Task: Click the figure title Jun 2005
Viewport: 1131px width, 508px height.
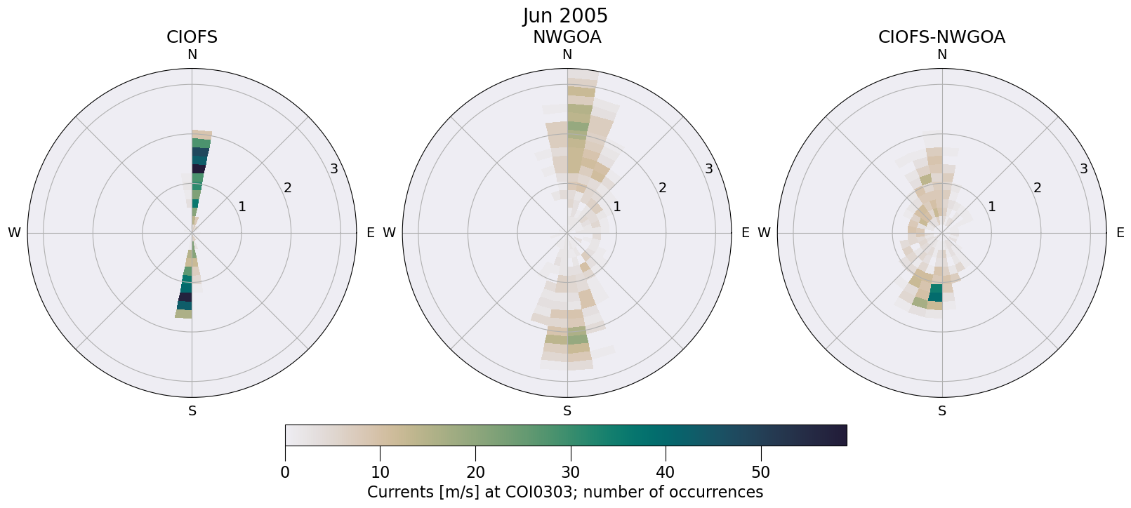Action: [x=565, y=15]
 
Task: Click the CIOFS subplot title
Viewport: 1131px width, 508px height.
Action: [x=192, y=37]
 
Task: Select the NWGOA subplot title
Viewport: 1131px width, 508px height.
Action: [x=567, y=37]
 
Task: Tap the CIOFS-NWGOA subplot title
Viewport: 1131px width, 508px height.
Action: [x=941, y=37]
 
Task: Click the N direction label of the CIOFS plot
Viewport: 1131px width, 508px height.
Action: [x=192, y=55]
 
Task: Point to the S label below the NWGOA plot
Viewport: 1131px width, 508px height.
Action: [x=567, y=411]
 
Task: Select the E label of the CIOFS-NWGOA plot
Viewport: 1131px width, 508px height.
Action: [x=1120, y=233]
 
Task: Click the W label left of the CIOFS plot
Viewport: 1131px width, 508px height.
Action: [x=14, y=233]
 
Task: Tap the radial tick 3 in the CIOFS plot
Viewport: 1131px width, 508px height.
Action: [x=334, y=168]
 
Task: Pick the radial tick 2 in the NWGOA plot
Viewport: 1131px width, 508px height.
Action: [x=662, y=187]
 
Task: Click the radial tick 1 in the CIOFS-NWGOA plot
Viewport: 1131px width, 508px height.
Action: [x=991, y=206]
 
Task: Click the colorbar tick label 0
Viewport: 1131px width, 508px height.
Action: [x=285, y=472]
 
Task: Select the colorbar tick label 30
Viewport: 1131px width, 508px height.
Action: [x=570, y=472]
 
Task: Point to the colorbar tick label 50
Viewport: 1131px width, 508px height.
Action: [x=760, y=472]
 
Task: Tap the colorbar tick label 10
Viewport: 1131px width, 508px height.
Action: [x=380, y=472]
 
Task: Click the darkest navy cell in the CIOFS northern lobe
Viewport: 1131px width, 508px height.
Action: [x=199, y=168]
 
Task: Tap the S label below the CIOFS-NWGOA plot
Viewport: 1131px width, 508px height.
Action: [x=942, y=411]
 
